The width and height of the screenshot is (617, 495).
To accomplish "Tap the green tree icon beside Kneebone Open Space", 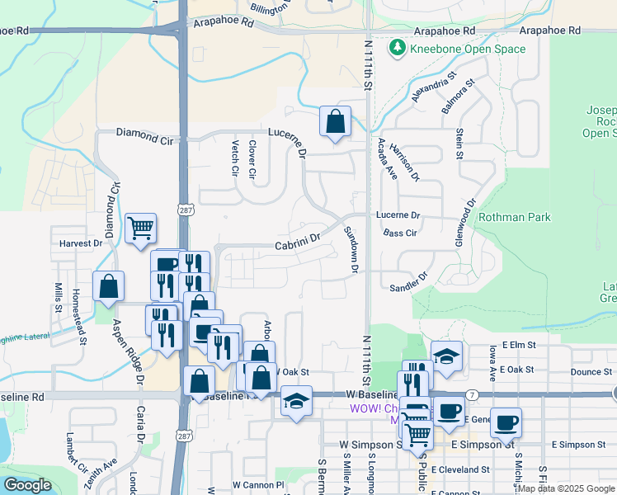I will tap(398, 49).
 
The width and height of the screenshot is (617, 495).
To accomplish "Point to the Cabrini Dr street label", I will tap(296, 245).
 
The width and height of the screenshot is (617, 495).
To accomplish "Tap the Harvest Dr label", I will tap(80, 243).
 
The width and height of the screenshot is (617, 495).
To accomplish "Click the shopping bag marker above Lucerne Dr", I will tap(335, 121).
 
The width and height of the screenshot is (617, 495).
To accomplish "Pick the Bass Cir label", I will tap(399, 233).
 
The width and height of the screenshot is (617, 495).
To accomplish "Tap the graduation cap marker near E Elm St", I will tap(446, 356).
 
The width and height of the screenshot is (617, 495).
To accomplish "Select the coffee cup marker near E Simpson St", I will tap(506, 422).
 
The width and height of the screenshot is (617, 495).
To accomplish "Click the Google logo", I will tap(27, 485).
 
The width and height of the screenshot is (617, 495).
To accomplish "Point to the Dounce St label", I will tap(585, 372).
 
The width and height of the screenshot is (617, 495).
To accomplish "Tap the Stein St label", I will tap(459, 145).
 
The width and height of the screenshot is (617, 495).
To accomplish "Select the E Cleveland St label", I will tap(462, 469).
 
